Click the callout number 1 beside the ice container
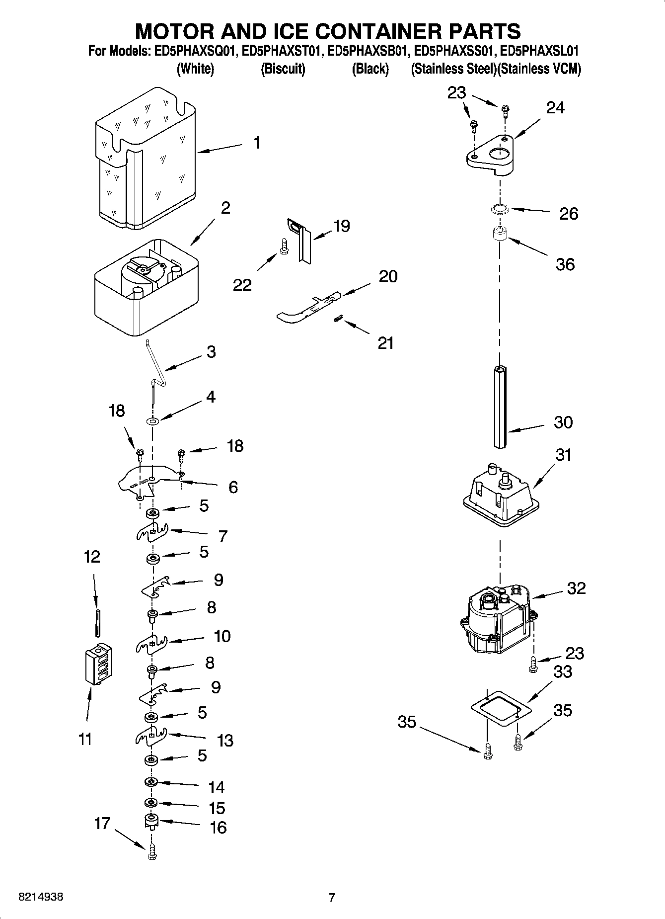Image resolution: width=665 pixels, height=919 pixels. [256, 143]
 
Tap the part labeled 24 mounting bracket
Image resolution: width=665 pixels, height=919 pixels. [489, 157]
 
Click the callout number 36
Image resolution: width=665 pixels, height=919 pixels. [565, 264]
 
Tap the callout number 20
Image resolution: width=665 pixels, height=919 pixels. [388, 276]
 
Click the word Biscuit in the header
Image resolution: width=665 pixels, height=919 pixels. [283, 69]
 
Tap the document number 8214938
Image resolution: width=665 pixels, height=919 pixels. [41, 897]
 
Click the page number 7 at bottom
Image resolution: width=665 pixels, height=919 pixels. [332, 897]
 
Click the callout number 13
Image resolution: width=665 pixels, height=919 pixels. [225, 740]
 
